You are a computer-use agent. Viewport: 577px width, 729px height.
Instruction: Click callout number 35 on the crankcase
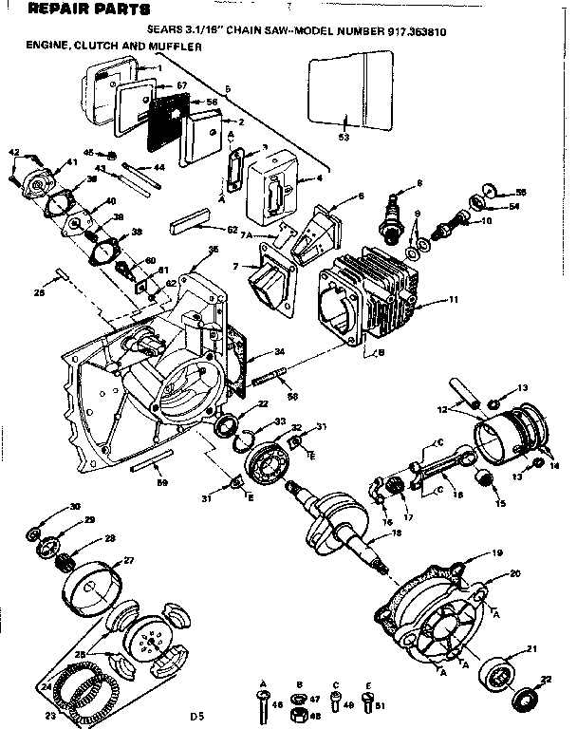213,250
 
